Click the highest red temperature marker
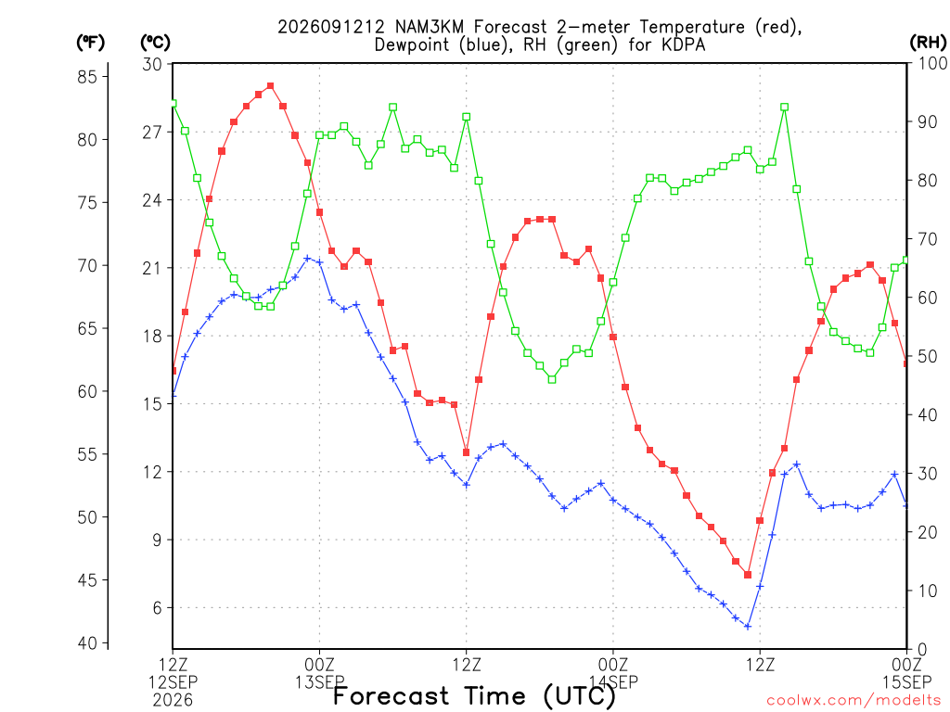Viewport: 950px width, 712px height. click(x=270, y=86)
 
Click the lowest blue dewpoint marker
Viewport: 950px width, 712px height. click(x=748, y=627)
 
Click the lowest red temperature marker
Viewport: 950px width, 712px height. click(x=748, y=575)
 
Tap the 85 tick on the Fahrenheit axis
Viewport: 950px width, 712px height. click(x=87, y=77)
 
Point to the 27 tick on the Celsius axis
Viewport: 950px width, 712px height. click(x=152, y=132)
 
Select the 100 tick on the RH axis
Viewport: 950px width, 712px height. click(x=932, y=63)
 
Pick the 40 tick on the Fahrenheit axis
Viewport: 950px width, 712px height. click(x=87, y=643)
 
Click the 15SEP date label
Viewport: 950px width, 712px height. click(x=907, y=682)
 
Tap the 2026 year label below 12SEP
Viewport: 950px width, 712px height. click(x=173, y=700)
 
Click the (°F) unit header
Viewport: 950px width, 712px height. click(x=90, y=43)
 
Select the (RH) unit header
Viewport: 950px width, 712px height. click(x=928, y=42)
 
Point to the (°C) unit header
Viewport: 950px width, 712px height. click(x=155, y=43)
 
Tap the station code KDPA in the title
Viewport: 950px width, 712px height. click(x=684, y=44)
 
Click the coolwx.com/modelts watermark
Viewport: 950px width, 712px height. click(x=855, y=701)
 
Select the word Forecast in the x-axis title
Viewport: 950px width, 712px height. click(x=392, y=695)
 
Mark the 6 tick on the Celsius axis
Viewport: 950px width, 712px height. click(x=157, y=607)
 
